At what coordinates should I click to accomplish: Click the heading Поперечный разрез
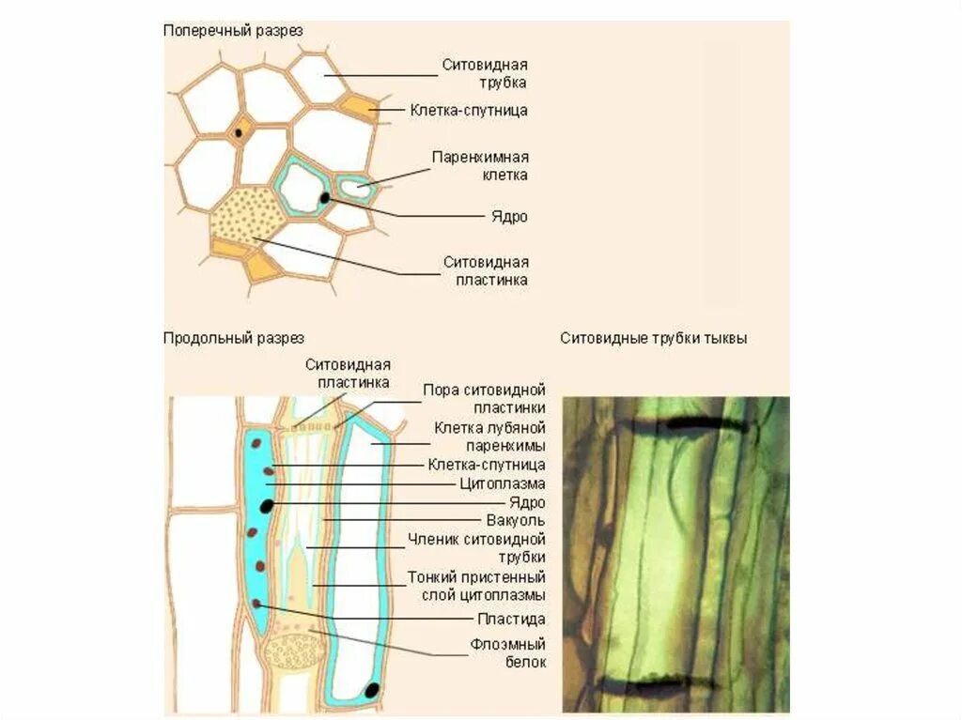(x=233, y=31)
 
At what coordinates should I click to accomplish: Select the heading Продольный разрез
(x=234, y=338)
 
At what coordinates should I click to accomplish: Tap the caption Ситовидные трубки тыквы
(x=654, y=338)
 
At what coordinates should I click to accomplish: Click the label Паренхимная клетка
(x=480, y=165)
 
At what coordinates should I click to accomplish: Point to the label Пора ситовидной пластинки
(x=484, y=398)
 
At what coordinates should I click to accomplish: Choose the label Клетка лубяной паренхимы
(x=489, y=437)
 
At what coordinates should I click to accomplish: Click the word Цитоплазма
(x=502, y=483)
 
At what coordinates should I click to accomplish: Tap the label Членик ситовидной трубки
(x=476, y=548)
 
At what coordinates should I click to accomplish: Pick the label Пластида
(x=511, y=619)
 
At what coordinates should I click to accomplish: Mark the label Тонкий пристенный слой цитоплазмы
(x=476, y=586)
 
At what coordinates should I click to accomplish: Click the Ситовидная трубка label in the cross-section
(x=486, y=73)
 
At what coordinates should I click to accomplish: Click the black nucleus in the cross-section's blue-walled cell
(x=325, y=198)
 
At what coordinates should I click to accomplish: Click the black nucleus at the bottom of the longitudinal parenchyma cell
(x=372, y=691)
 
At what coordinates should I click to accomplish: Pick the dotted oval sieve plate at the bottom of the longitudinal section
(x=296, y=651)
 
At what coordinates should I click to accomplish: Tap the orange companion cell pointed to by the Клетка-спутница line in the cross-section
(x=359, y=105)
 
